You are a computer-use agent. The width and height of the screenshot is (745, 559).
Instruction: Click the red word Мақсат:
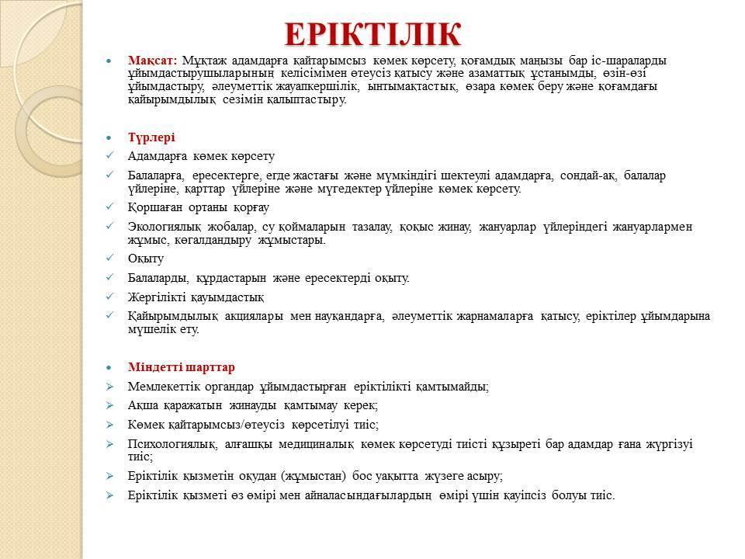[152, 61]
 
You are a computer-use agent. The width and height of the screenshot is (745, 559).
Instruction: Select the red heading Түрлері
[151, 137]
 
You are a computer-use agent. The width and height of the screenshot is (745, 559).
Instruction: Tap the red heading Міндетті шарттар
[181, 367]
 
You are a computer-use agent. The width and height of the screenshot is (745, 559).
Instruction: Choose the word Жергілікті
[154, 297]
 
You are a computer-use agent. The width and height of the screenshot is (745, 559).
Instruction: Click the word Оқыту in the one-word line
[145, 259]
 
